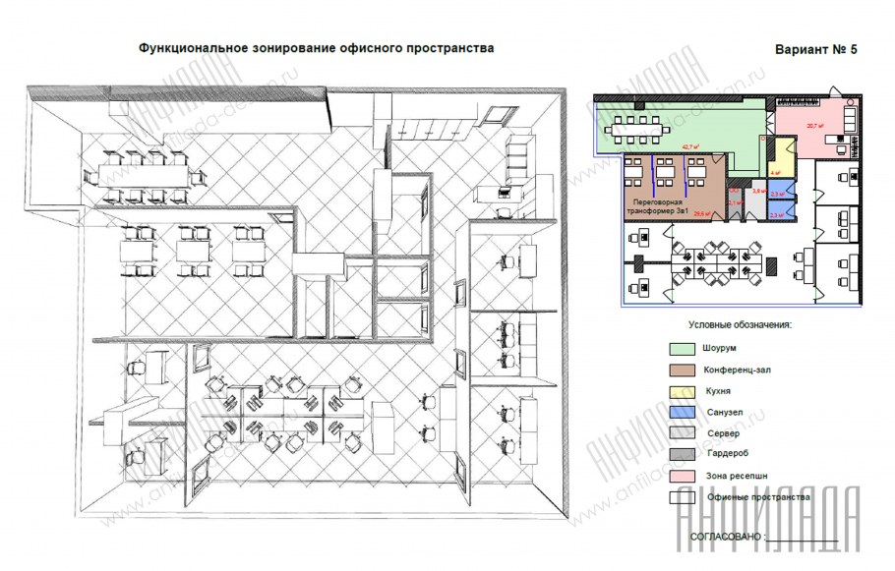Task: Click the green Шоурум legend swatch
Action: point(682,348)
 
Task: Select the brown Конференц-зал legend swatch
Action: point(682,369)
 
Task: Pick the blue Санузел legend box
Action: point(682,412)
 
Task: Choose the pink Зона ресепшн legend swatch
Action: point(682,476)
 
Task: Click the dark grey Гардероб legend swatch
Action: point(682,454)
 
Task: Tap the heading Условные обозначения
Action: point(739,323)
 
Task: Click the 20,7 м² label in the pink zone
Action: point(813,126)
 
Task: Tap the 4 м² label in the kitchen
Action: point(776,172)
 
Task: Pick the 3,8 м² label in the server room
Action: point(758,192)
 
